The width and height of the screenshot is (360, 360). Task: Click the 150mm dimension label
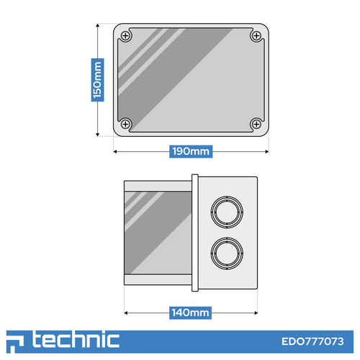97,80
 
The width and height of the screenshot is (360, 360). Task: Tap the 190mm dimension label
191,151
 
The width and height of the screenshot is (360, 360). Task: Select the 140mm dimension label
190,312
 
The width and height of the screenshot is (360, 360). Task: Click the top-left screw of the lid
125,36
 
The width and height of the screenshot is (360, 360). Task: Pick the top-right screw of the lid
256,36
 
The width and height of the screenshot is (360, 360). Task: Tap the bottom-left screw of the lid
125,125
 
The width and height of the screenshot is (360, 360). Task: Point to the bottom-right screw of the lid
256,125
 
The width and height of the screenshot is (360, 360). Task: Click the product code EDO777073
312,341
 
